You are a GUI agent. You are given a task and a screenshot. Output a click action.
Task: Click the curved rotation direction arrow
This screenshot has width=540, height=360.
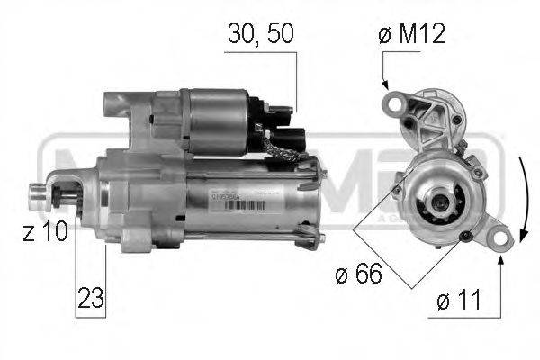[523, 198]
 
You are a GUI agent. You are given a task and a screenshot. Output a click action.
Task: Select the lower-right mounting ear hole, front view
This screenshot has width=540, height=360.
[498, 238]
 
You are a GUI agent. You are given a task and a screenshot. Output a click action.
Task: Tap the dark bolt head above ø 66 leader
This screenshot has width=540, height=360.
[463, 237]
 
